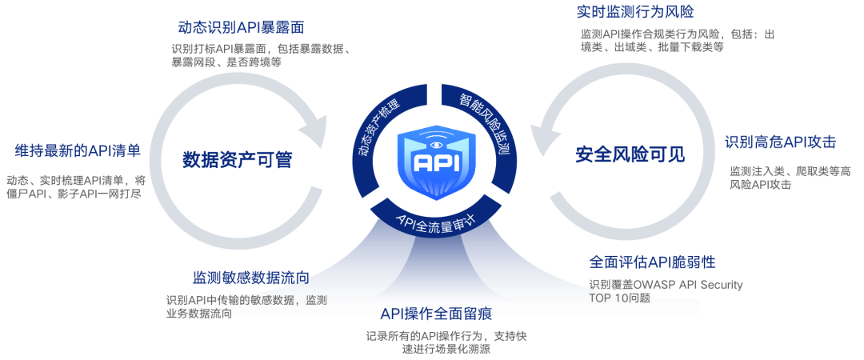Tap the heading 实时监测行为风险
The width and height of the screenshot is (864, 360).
point(634,12)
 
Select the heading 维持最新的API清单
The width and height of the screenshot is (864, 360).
point(78,150)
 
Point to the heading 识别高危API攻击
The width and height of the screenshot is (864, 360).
point(780,142)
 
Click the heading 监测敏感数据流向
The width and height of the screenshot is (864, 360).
point(250,278)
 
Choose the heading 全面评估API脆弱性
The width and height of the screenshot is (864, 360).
point(652,262)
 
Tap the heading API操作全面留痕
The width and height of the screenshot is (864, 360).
point(442,313)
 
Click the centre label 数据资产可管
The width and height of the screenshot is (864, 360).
point(237,160)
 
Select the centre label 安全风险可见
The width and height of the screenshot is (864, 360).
point(630,155)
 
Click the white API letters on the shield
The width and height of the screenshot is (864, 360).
point(434,162)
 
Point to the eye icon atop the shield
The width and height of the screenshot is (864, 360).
point(435,144)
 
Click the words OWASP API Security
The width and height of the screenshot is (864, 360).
point(689,284)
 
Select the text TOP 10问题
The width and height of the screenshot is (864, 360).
point(619,298)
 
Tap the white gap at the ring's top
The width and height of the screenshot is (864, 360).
point(434,95)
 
